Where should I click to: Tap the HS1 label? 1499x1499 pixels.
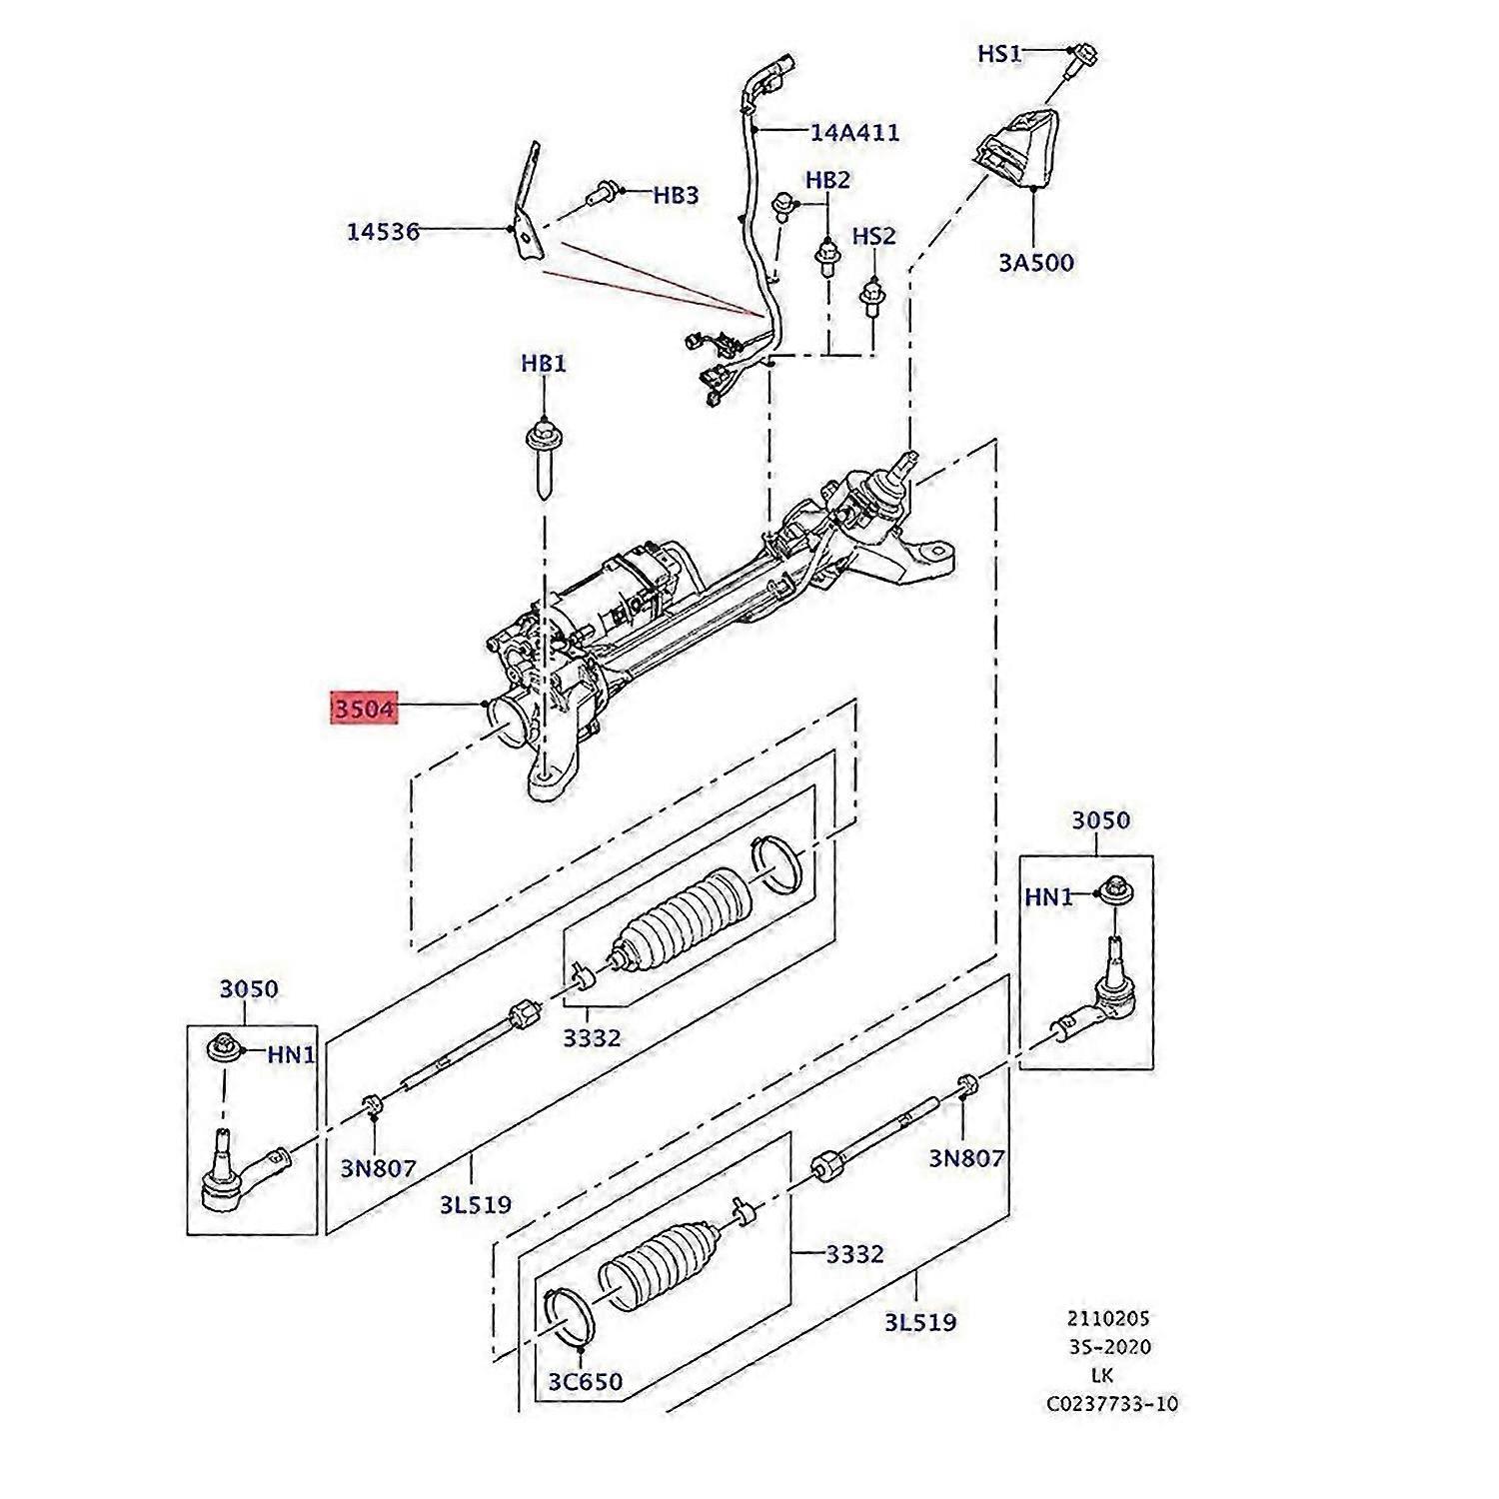click(998, 54)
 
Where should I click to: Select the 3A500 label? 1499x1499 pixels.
click(1036, 263)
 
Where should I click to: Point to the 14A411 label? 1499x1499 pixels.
click(854, 132)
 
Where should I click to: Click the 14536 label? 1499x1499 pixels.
click(383, 232)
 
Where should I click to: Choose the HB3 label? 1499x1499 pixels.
click(676, 196)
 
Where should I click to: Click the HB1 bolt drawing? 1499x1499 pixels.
click(543, 460)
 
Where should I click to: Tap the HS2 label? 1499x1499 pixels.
click(873, 237)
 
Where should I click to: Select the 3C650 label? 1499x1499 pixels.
click(585, 1382)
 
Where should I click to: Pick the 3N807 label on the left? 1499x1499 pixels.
click(378, 1167)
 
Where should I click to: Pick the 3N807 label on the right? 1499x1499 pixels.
click(966, 1158)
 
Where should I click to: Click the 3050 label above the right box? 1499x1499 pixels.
click(1100, 820)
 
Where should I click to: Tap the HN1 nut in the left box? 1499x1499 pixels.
click(222, 1049)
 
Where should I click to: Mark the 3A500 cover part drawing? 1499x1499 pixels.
click(1017, 150)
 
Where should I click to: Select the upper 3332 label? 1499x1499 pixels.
click(592, 1038)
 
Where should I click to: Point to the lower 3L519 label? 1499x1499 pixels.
click(919, 1323)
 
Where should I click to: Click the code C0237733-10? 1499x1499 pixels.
click(1112, 1404)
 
